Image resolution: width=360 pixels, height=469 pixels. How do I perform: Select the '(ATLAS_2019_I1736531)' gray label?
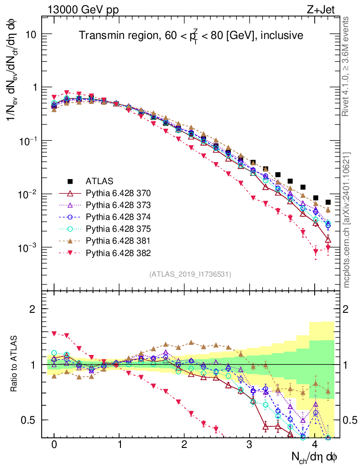(190, 274)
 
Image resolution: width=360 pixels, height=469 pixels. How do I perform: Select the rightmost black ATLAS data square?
(328, 202)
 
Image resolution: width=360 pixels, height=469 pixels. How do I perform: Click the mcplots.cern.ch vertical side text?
(347, 220)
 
